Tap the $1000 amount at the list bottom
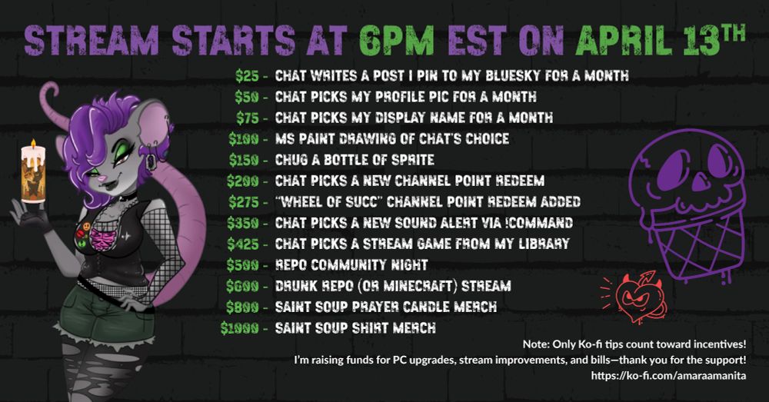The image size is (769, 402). pos(239,328)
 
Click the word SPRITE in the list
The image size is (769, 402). pos(414,161)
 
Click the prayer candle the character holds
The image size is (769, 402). pos(33,177)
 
